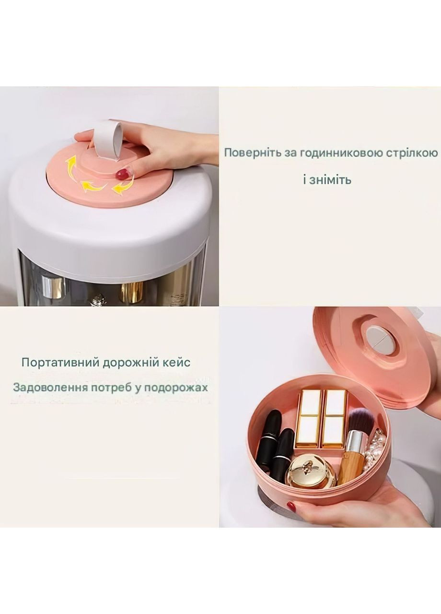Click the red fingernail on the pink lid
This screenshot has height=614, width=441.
coord(123,175)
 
